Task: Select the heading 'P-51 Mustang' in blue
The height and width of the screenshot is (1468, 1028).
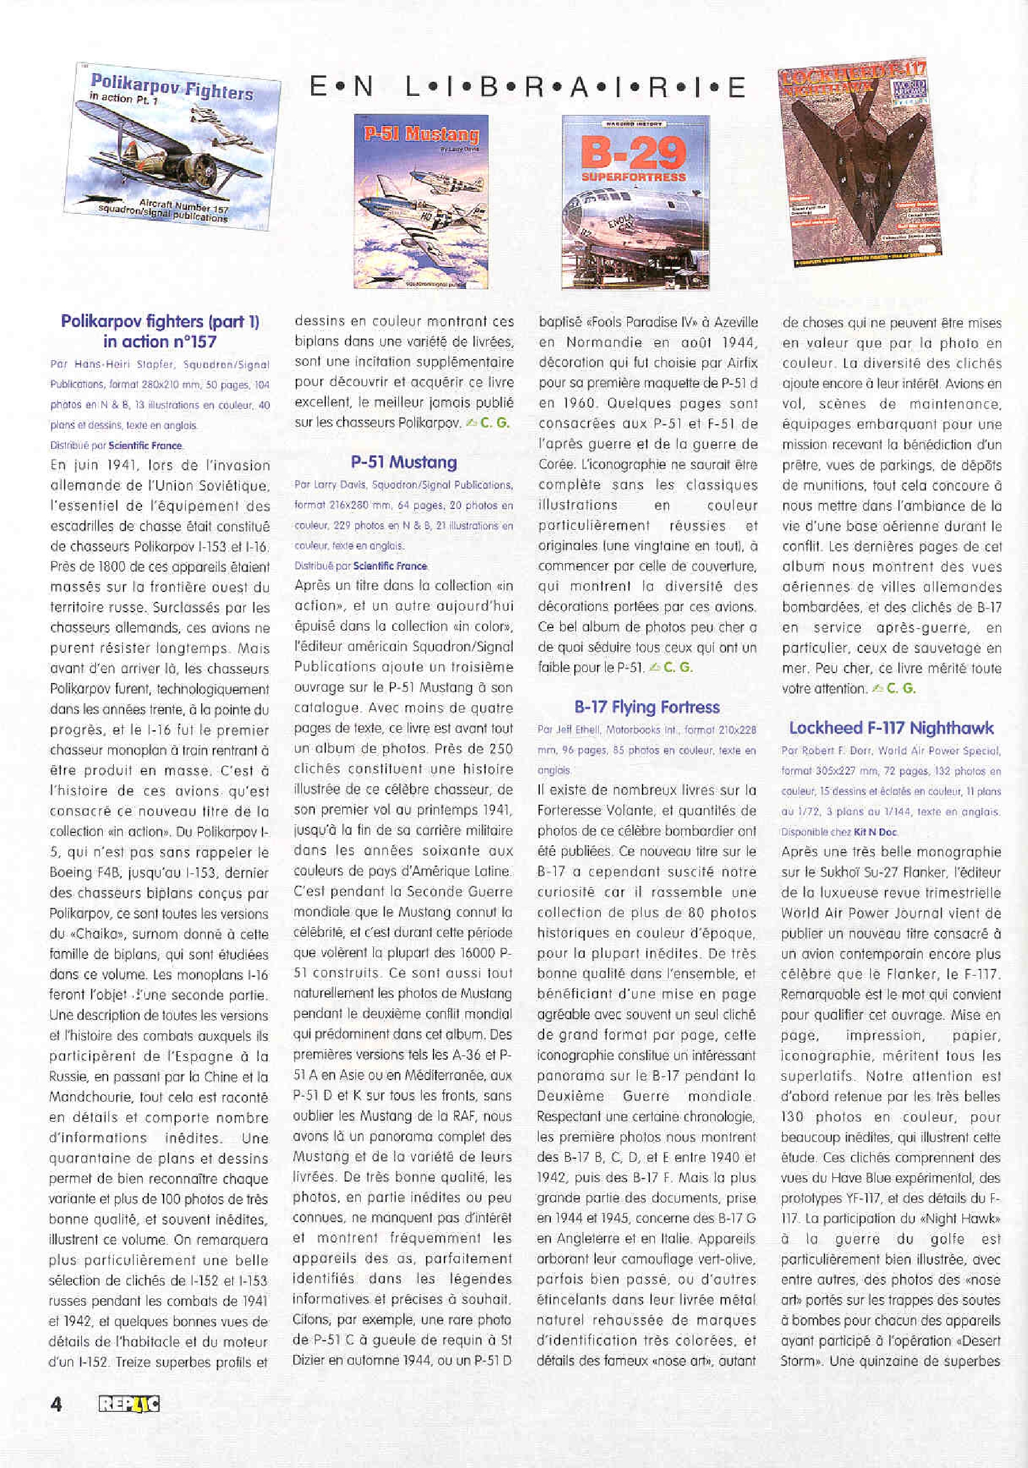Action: click(403, 462)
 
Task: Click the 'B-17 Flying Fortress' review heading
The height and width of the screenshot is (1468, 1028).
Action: click(646, 706)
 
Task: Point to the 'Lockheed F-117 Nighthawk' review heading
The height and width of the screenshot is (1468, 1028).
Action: click(890, 728)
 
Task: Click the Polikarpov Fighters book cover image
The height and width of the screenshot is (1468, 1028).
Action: click(172, 147)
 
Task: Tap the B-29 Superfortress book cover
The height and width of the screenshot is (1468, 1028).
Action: click(636, 202)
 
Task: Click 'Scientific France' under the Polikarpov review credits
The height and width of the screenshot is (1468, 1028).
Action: click(145, 446)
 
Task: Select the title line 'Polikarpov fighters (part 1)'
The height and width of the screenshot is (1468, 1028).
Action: click(160, 321)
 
